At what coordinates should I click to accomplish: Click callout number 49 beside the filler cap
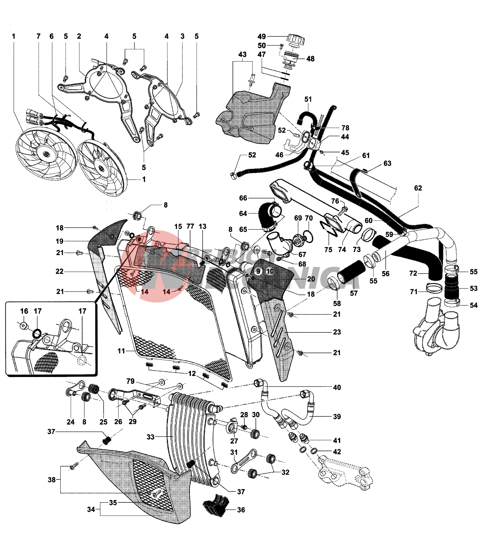261,36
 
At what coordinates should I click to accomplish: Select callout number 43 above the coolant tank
242,54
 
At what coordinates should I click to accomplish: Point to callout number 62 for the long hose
418,188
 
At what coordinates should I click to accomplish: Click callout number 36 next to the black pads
241,510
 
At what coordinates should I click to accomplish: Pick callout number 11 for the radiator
121,351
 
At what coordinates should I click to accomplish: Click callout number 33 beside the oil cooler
150,437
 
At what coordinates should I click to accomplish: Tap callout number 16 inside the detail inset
24,311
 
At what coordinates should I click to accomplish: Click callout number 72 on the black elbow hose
413,273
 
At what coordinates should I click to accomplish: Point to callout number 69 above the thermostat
298,218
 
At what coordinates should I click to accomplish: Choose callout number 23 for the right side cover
337,332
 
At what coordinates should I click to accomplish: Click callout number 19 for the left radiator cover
60,241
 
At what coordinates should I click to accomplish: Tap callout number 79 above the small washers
130,381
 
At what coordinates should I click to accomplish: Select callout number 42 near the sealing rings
337,452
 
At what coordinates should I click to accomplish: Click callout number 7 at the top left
38,36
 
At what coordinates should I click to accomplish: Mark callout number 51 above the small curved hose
308,99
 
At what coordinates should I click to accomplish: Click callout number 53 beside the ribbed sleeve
474,288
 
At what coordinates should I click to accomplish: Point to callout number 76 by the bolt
335,201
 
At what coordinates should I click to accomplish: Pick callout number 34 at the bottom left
91,509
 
